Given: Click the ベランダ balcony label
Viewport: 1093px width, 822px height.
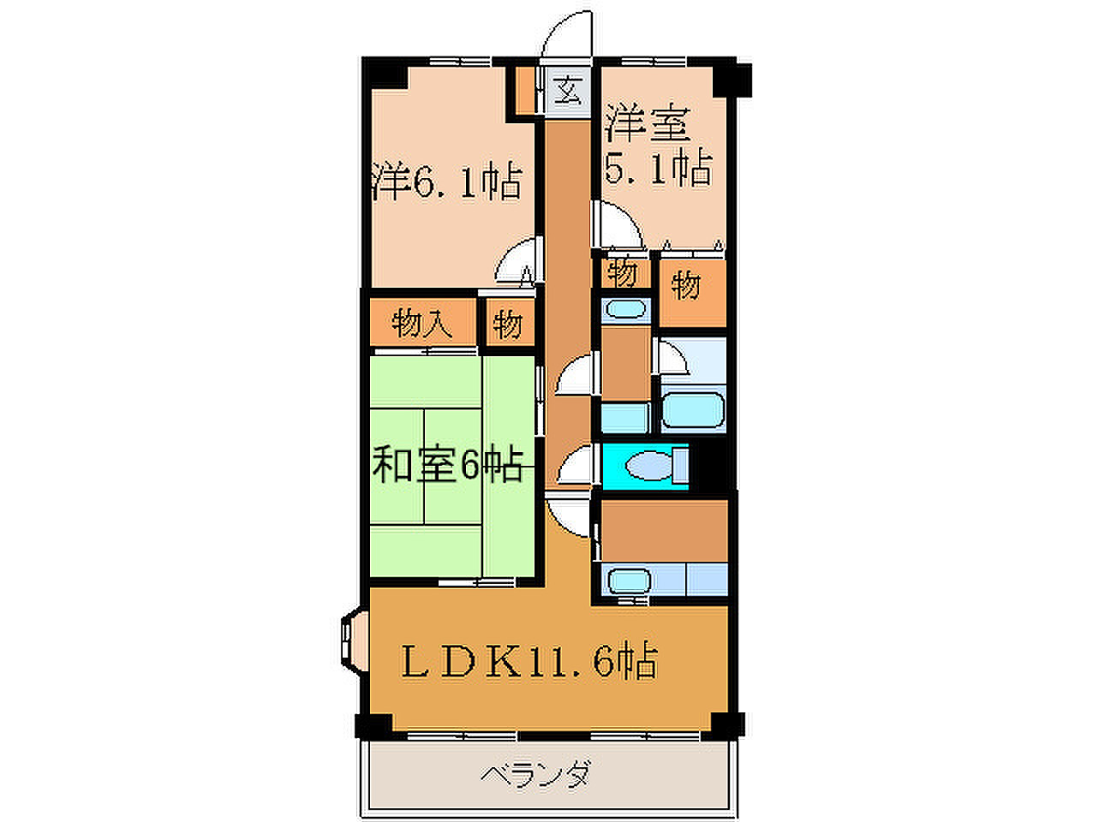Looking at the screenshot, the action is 535,775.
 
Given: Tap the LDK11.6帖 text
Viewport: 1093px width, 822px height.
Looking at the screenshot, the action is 529,661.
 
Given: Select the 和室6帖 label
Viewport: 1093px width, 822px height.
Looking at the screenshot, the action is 448,465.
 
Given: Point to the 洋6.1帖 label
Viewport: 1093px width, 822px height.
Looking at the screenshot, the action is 447,182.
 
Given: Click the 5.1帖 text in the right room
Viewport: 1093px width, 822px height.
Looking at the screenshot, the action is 659,168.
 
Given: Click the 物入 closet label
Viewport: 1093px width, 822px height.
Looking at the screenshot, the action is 421,324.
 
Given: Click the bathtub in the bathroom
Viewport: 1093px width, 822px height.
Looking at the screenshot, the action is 693,409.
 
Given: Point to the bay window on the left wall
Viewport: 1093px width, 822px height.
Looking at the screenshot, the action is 355,642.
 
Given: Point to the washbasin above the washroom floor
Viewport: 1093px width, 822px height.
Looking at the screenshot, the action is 625,309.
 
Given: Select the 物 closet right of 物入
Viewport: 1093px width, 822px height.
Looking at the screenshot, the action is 509,324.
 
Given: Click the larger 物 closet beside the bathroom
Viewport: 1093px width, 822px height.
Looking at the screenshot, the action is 691,294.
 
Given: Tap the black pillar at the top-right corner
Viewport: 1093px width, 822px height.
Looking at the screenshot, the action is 732,80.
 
